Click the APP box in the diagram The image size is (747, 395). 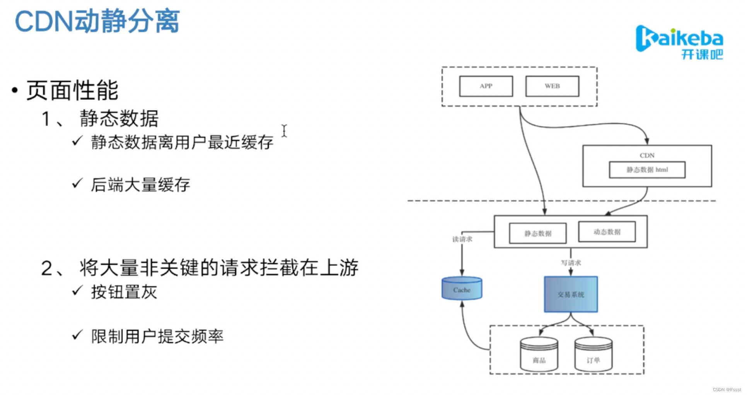click(x=486, y=86)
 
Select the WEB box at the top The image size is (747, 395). click(x=552, y=86)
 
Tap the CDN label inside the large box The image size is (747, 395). click(x=647, y=155)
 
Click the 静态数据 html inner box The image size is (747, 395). click(x=647, y=170)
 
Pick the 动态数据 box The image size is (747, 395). click(x=607, y=232)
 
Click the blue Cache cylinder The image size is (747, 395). click(x=462, y=289)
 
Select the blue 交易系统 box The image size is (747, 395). click(x=571, y=294)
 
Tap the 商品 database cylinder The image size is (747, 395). click(x=539, y=354)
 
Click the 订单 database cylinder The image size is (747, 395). click(x=593, y=354)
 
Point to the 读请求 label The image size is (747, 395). click(x=462, y=239)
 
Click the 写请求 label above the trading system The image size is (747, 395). click(x=571, y=263)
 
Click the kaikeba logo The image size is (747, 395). click(x=679, y=42)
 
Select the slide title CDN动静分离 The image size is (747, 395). click(x=97, y=21)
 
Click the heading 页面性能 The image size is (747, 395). click(x=72, y=90)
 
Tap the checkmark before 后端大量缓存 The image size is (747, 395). click(x=77, y=183)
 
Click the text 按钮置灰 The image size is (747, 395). click(x=124, y=292)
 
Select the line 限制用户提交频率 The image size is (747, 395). click(x=157, y=336)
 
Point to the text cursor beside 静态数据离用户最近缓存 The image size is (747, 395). click(x=284, y=131)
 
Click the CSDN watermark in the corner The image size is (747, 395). click(x=727, y=390)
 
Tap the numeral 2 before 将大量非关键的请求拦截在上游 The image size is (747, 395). click(x=46, y=268)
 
